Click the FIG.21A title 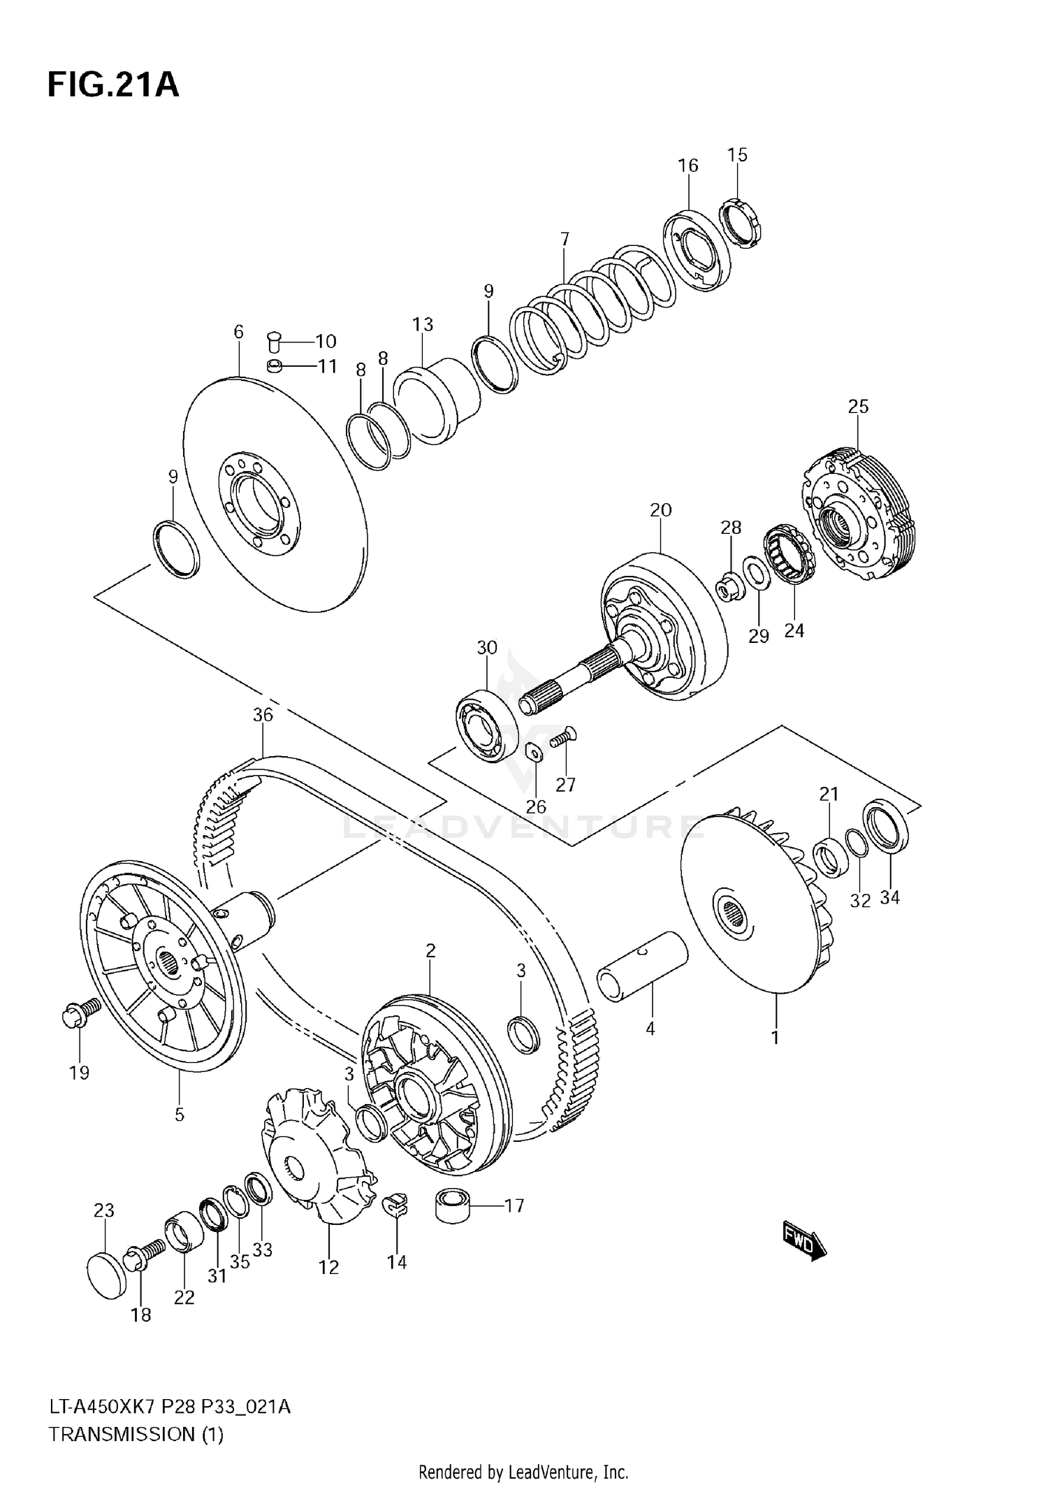113,85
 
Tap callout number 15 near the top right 737,154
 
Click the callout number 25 858,406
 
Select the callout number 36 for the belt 263,715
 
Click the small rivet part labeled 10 274,342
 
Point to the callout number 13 423,324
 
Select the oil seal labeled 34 887,828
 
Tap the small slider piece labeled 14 396,1205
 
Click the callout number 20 660,510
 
